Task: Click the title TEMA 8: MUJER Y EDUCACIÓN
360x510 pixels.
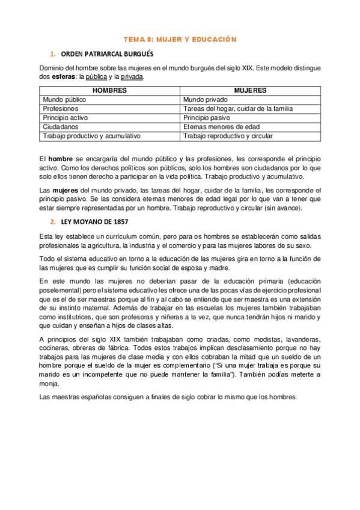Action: click(x=180, y=40)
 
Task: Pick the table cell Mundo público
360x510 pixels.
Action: click(x=64, y=99)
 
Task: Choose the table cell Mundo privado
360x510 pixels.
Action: click(x=206, y=99)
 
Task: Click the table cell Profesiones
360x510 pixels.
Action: click(x=61, y=108)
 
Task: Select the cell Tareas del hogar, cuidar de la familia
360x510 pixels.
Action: click(x=237, y=108)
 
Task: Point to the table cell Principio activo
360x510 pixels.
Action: click(x=65, y=118)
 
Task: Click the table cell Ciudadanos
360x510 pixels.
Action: click(x=61, y=127)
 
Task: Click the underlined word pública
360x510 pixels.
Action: click(x=97, y=77)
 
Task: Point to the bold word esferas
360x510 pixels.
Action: click(x=63, y=77)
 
